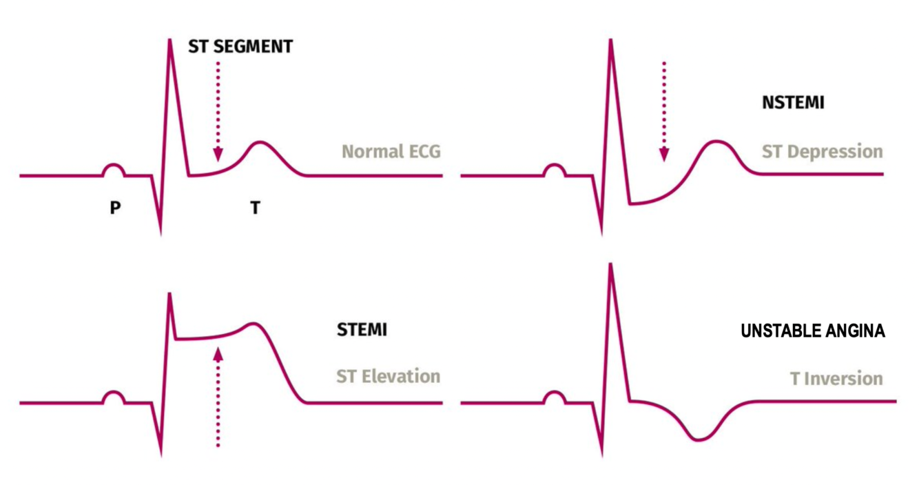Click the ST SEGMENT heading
tap(240, 47)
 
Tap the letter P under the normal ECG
tap(115, 207)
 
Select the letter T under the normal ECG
tap(255, 207)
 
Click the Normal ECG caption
tap(391, 151)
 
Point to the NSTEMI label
tap(793, 103)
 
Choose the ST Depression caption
tap(822, 151)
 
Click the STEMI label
tap(362, 330)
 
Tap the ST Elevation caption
tap(388, 376)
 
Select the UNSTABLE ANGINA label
tap(813, 332)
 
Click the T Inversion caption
tap(836, 378)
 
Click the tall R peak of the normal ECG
tap(169, 40)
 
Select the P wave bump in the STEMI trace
tap(114, 396)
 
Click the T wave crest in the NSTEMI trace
tap(716, 142)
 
